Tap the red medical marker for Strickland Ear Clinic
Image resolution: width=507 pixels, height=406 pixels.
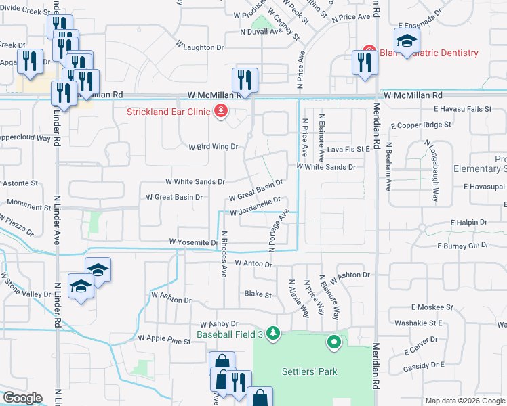pyautogui.click(x=220, y=112)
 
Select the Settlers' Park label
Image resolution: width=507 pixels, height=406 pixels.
pyautogui.click(x=310, y=371)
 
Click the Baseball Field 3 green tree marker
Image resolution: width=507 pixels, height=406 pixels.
pyautogui.click(x=273, y=333)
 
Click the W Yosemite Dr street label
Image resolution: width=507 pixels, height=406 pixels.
pyautogui.click(x=193, y=242)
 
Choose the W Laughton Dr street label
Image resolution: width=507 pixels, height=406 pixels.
pyautogui.click(x=200, y=48)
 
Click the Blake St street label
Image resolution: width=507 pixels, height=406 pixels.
pyautogui.click(x=258, y=295)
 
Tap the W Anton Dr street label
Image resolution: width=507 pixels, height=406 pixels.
pyautogui.click(x=253, y=263)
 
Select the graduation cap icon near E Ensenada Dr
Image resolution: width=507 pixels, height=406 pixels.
pyautogui.click(x=407, y=43)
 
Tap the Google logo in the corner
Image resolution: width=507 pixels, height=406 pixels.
pyautogui.click(x=22, y=398)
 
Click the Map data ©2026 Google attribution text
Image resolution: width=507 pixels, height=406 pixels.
pyautogui.click(x=464, y=401)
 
